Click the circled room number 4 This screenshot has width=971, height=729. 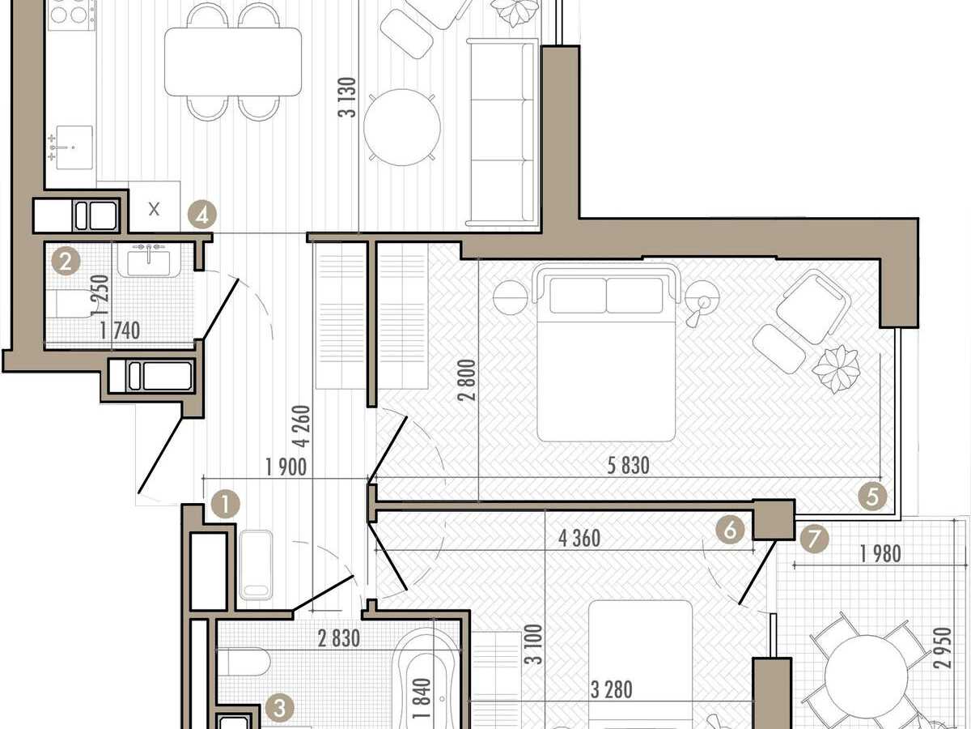point(201,215)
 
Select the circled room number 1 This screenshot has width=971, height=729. point(226,504)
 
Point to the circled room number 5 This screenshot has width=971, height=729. point(872,497)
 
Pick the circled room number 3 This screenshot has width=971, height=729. point(730,529)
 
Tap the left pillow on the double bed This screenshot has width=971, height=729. point(579,295)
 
